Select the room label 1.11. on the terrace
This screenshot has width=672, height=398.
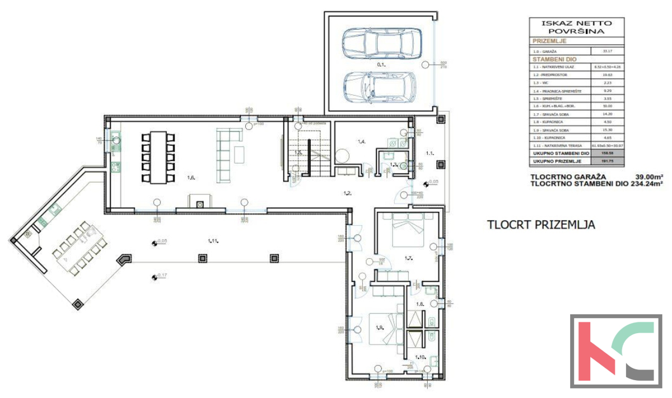pos(213,241)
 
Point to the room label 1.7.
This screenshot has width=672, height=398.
pos(409,258)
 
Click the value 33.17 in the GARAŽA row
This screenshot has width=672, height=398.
pos(605,51)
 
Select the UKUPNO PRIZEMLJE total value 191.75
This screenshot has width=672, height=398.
pos(605,161)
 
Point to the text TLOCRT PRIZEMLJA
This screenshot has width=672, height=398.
pos(540,225)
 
